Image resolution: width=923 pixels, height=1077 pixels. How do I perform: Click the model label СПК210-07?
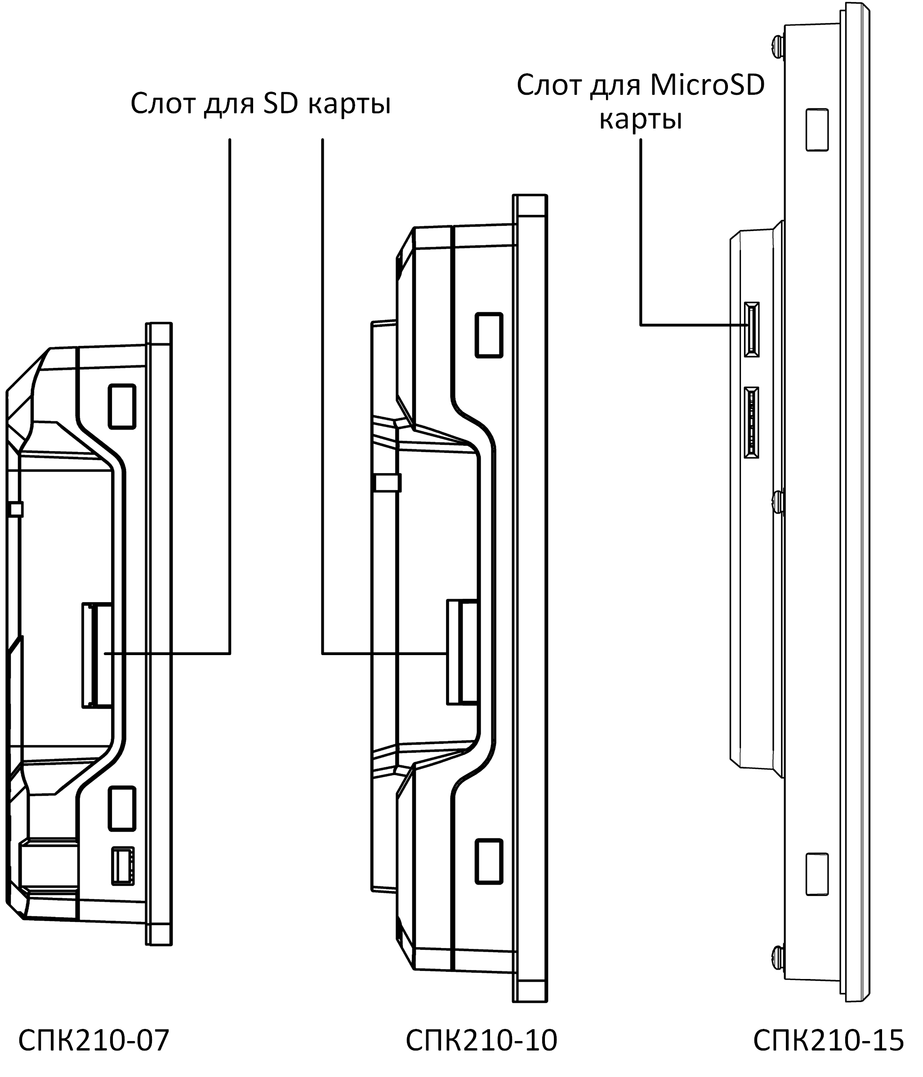94,1040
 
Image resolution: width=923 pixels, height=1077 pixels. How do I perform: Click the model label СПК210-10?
481,1040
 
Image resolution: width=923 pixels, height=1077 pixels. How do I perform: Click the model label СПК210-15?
828,1040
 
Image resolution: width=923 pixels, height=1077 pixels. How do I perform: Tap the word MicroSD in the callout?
707,86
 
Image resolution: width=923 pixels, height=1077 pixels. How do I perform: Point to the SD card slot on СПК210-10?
462,652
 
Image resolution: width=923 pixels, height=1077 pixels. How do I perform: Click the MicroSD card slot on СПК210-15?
751,329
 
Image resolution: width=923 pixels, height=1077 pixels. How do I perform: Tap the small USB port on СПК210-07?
123,866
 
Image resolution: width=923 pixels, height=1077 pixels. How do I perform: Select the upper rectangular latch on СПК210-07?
122,407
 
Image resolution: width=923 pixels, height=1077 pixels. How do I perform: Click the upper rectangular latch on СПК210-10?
489,335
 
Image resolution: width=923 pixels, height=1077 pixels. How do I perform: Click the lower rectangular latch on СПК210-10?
489,861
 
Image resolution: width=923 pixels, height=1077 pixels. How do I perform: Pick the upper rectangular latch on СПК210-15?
816,130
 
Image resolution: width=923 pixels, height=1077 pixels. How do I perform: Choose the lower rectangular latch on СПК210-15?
816,874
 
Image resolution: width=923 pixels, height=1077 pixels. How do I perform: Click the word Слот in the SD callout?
163,103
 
